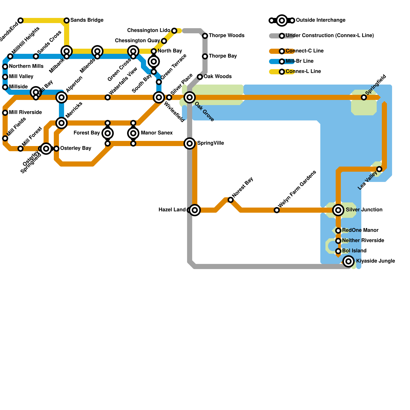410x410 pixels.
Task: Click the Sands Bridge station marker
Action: point(67,20)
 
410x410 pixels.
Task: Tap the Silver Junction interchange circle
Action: point(338,210)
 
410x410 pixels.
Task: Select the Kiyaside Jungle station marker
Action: point(348,261)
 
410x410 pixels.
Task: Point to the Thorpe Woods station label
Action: point(227,36)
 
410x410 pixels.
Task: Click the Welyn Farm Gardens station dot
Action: point(277,210)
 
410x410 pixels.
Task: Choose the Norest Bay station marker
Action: point(231,200)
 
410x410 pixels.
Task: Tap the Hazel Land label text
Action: point(172,210)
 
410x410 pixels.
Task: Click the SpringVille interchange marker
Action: point(190,143)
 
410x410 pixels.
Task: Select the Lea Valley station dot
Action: point(379,169)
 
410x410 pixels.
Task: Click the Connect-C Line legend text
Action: point(304,51)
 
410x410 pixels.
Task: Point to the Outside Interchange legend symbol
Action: point(282,20)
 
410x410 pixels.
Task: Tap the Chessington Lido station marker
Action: point(174,31)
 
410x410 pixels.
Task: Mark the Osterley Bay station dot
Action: point(56,149)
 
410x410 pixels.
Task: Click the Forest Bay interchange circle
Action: point(108,133)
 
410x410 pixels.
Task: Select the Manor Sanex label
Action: point(157,133)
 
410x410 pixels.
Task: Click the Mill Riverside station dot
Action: point(5,113)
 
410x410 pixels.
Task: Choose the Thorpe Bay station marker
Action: point(205,56)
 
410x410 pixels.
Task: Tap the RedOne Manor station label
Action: point(360,230)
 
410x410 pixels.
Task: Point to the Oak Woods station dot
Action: point(200,77)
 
